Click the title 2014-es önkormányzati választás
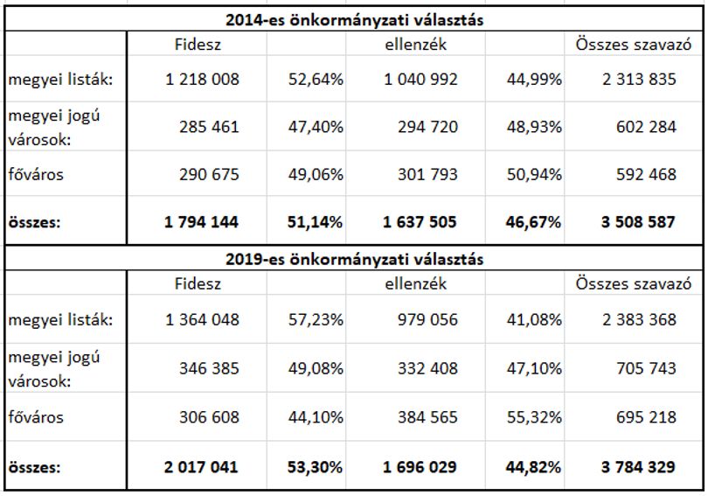click(x=354, y=20)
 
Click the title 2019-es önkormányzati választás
click(x=354, y=259)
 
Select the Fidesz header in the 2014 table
click(x=198, y=45)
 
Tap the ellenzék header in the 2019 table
click(x=416, y=283)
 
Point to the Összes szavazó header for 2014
click(x=634, y=45)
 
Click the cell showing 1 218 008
click(x=202, y=80)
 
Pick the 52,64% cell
click(x=316, y=80)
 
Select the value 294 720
click(x=427, y=127)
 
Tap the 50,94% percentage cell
click(x=534, y=174)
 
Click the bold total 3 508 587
click(x=638, y=222)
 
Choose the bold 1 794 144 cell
click(x=201, y=222)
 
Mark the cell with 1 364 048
click(x=202, y=320)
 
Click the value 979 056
click(x=427, y=320)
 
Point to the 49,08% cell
click(x=316, y=368)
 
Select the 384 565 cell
click(x=427, y=417)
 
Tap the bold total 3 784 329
click(x=638, y=467)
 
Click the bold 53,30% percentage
click(x=315, y=467)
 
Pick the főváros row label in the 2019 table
click(x=36, y=417)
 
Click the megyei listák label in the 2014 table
click(x=60, y=80)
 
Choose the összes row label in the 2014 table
click(x=34, y=222)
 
